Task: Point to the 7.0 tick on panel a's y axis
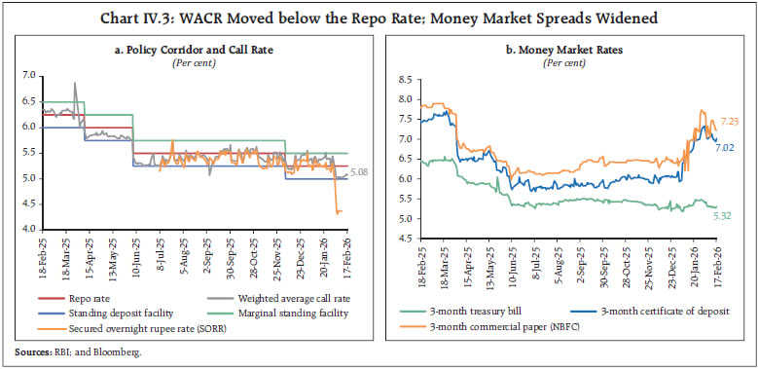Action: pyautogui.click(x=28, y=75)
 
